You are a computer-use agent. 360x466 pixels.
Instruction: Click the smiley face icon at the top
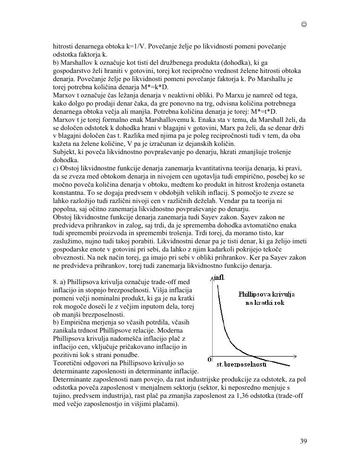[304, 24]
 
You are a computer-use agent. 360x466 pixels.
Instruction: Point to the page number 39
[303, 442]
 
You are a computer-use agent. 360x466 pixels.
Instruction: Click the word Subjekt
[64, 152]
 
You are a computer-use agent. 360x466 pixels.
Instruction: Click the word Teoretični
[69, 363]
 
